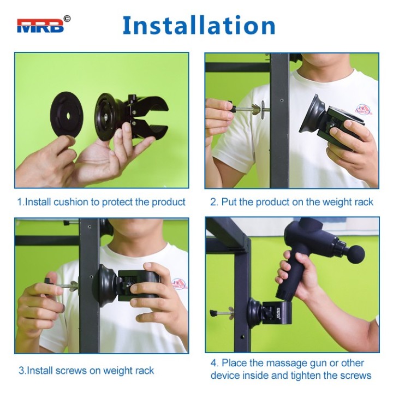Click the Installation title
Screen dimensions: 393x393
(x=199, y=26)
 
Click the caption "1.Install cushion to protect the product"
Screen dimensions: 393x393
(x=101, y=202)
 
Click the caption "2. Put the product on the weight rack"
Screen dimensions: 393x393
(x=291, y=202)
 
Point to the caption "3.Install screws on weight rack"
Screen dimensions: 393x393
(x=86, y=371)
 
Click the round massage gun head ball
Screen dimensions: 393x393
(x=356, y=254)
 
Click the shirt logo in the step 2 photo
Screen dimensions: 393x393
(x=364, y=110)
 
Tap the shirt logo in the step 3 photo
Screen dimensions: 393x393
(x=179, y=283)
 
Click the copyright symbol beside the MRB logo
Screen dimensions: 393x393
(x=67, y=19)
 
